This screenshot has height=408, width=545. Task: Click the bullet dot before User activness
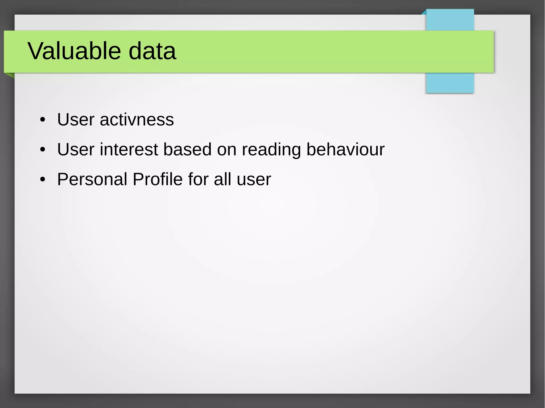click(x=43, y=120)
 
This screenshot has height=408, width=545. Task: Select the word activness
click(x=137, y=120)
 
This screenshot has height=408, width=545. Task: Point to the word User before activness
click(x=76, y=120)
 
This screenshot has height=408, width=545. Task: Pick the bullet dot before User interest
click(x=43, y=150)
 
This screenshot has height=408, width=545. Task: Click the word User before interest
click(x=76, y=149)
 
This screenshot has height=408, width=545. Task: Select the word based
click(x=187, y=149)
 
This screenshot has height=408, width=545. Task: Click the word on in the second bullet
click(x=227, y=149)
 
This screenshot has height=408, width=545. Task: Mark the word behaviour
click(x=345, y=149)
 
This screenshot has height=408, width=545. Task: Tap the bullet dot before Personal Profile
click(x=43, y=179)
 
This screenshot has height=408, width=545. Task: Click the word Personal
click(x=92, y=179)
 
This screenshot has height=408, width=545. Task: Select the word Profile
click(x=158, y=179)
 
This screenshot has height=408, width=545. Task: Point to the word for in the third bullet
click(x=198, y=179)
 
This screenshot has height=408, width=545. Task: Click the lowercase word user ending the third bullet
click(x=254, y=180)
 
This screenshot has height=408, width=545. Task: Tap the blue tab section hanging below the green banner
click(x=450, y=83)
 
